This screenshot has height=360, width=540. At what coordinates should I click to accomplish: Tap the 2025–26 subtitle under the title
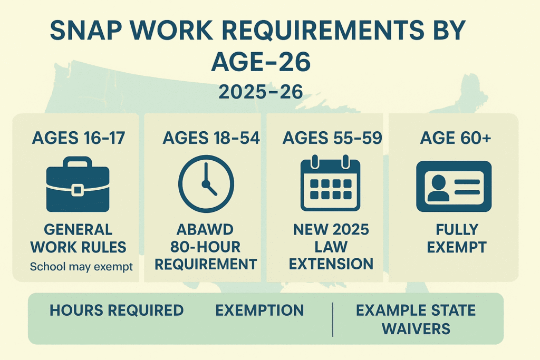coord(261,92)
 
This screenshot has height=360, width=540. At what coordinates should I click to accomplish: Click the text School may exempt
coord(81,266)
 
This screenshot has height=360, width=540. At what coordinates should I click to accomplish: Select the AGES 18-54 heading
coord(211,138)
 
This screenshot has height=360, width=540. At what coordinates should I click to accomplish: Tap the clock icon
coord(206,183)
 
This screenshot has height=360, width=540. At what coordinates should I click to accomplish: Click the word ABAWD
coord(206,230)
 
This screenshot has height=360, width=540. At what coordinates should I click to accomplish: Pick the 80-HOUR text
coord(206,247)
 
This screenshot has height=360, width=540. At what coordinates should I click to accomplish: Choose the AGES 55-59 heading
coord(332,138)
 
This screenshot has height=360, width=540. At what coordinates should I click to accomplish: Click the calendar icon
coord(330,183)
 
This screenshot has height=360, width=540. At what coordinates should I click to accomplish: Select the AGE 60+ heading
coord(456,138)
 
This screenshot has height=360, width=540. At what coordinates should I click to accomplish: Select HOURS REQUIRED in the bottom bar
coord(117,310)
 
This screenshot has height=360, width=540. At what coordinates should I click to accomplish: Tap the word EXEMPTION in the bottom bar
coord(259,310)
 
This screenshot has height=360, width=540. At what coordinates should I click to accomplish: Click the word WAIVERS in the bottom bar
coord(416,328)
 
